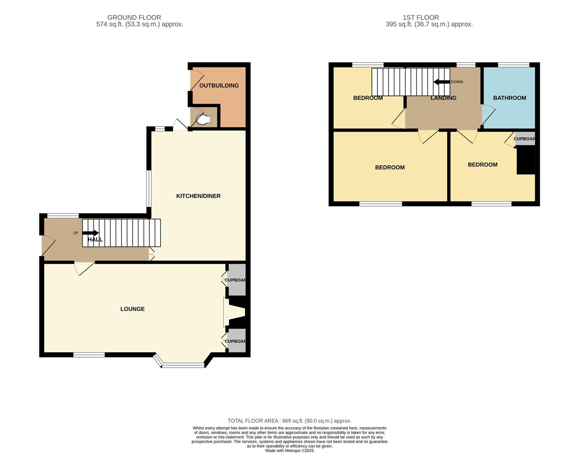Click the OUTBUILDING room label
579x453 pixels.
pos(219,86)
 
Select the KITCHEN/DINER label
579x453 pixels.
pos(198,196)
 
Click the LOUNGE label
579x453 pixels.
pos(133,309)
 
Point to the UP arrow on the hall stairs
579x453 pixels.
pos(91,233)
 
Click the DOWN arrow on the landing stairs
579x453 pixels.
pos(441,82)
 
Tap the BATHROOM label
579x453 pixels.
pos(509,98)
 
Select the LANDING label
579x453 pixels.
pos(443,98)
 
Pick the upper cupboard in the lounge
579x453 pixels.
pos(236,280)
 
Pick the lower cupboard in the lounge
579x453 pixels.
pos(236,341)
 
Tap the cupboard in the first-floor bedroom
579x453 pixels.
pos(525,139)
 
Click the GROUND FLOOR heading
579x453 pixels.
pos(134,18)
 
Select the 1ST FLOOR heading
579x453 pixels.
pos(421,18)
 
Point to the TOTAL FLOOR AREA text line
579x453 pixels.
pos(289,421)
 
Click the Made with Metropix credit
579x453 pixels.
pos(289,450)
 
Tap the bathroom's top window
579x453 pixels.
pos(514,65)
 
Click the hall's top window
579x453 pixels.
pos(63,216)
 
